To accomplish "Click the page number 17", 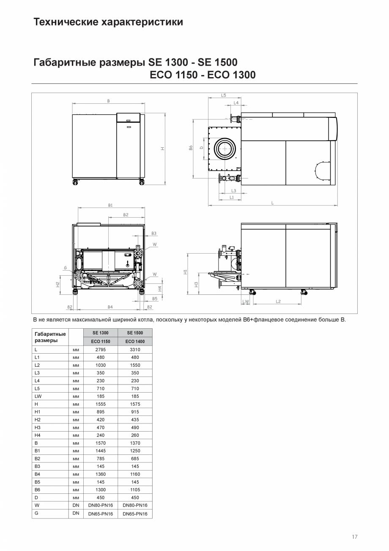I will pos(354,537).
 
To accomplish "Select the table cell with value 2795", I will pos(101,349).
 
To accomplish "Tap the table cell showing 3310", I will pos(135,349).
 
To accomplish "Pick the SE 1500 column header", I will pos(135,333).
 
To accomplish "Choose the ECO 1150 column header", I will pos(101,341).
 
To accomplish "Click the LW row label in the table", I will pos(38,396).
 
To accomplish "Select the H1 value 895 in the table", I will pos(101,412).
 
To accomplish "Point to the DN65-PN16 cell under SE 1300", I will pos(101,514).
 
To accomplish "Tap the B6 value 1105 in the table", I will pos(135,490).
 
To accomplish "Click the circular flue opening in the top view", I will pos(225,149).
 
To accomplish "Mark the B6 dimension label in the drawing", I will pos(191,148).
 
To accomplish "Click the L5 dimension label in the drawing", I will pos(223,95).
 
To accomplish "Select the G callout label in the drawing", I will pos(66,268).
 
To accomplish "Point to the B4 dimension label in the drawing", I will pos(110,307).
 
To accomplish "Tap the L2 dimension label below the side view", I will pos(278,302).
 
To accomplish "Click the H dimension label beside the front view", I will pos(162,148).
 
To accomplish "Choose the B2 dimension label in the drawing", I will pos(126,215).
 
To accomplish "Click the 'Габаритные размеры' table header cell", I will pos(50,337).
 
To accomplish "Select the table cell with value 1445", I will pos(101,451).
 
